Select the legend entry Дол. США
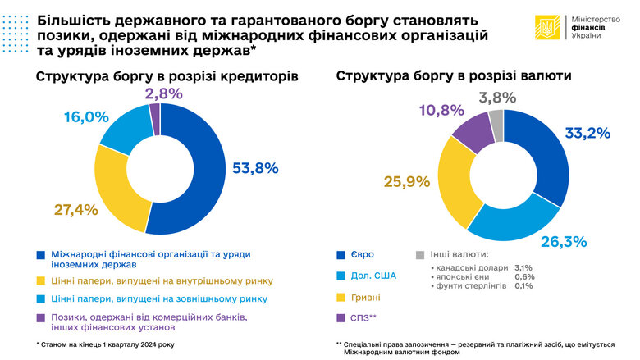click(378, 276)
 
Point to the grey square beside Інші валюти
click(419, 255)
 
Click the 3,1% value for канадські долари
click(523, 268)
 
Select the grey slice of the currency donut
click(496, 125)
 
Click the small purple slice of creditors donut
click(154, 120)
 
